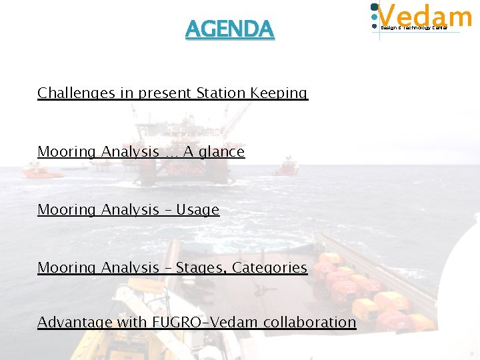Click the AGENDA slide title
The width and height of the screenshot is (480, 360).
pos(229,29)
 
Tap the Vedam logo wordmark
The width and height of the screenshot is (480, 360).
pos(425,15)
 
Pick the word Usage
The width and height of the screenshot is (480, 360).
pos(198,210)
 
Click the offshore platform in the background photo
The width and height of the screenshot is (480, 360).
pos(183,143)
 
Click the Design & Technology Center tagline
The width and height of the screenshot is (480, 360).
pos(413,27)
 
